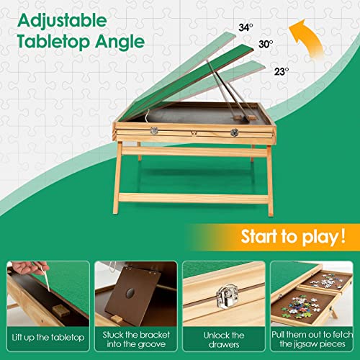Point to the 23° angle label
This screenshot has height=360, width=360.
point(281,71)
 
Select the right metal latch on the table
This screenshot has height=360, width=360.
point(234,132)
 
